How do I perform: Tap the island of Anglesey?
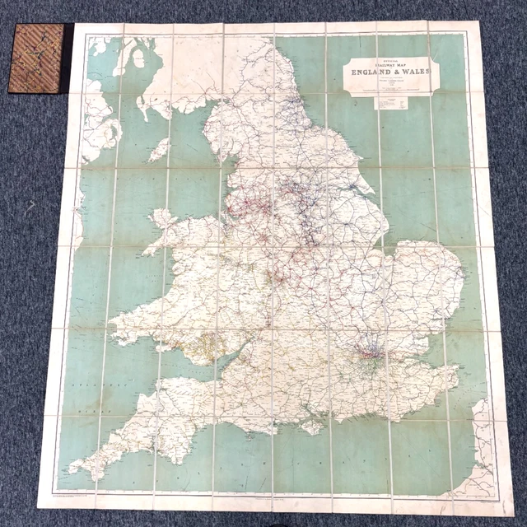click(162, 221)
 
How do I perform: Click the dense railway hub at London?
click(368, 356)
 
